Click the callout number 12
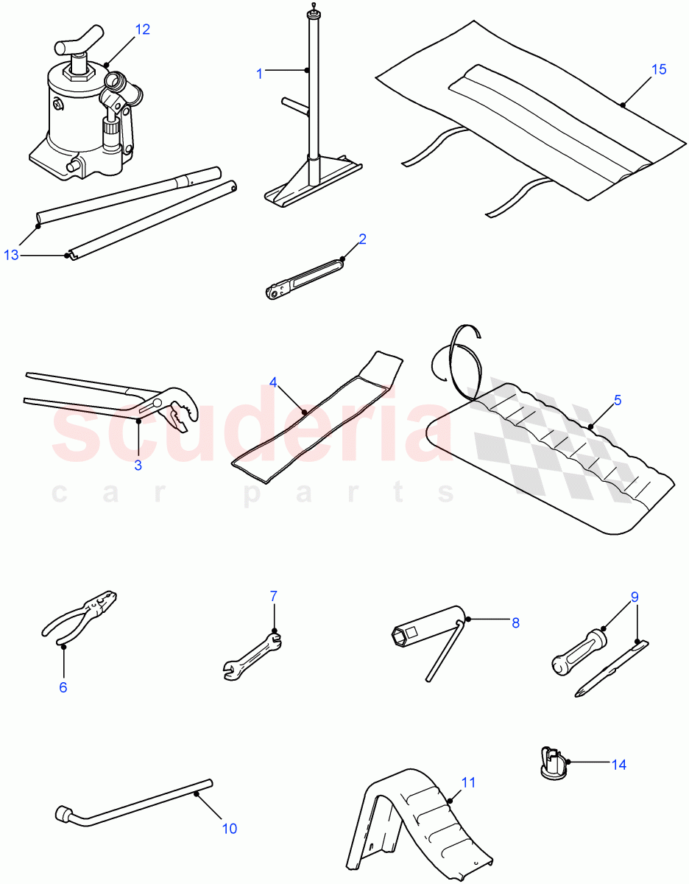pyautogui.click(x=142, y=29)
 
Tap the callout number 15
pyautogui.click(x=659, y=69)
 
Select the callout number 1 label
pyautogui.click(x=259, y=73)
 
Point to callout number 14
pyautogui.click(x=619, y=765)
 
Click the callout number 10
pyautogui.click(x=230, y=829)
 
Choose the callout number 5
pyautogui.click(x=618, y=400)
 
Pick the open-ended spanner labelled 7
pyautogui.click(x=252, y=652)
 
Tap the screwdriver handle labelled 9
pyautogui.click(x=579, y=648)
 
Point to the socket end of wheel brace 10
pyautogui.click(x=64, y=815)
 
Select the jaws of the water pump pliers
pyautogui.click(x=177, y=413)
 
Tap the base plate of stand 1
pyautogui.click(x=313, y=184)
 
